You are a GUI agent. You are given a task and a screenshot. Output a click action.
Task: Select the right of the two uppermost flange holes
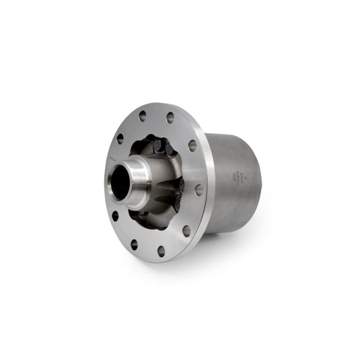click(x=170, y=118)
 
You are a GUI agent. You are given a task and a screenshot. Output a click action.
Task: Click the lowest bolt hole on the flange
click(x=161, y=251)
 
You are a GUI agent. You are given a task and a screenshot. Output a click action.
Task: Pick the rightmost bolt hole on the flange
click(x=199, y=190)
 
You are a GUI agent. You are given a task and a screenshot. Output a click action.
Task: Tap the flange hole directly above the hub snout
click(x=120, y=139)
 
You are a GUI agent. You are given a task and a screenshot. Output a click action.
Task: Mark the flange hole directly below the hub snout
click(x=115, y=216)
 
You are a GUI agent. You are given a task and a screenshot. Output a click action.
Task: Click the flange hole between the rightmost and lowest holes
click(x=186, y=231)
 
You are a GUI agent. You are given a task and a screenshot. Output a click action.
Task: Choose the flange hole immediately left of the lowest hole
click(x=134, y=244)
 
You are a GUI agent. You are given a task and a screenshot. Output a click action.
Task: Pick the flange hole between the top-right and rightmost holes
click(x=192, y=145)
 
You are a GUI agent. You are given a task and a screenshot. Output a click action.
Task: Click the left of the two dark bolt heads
click(x=156, y=145)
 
